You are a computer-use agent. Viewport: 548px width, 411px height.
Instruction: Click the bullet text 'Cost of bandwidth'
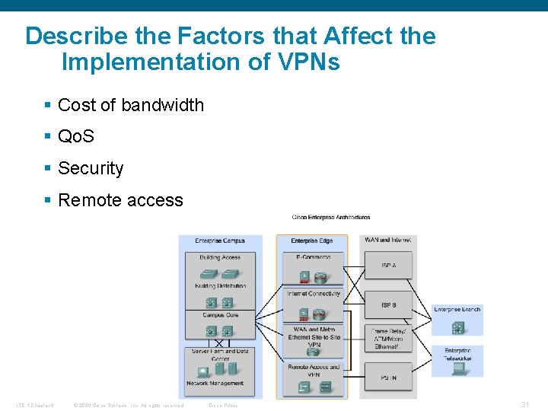point(130,105)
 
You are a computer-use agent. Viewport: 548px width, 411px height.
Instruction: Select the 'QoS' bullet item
point(76,137)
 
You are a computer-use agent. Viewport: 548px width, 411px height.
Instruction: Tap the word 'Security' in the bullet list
point(90,168)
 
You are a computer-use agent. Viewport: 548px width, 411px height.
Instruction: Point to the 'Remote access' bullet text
point(120,200)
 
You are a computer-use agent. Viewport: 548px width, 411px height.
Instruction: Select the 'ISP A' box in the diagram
point(389,265)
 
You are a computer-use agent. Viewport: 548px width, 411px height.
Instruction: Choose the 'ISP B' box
point(389,305)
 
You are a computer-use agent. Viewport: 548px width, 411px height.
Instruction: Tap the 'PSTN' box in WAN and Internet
point(389,378)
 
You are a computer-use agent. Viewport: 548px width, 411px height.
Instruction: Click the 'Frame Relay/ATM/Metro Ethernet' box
point(389,339)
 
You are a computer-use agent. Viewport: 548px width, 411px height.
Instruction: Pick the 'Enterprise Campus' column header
point(220,241)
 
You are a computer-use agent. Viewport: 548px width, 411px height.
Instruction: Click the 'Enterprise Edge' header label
point(311,241)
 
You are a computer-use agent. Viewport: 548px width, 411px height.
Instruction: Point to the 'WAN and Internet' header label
point(388,240)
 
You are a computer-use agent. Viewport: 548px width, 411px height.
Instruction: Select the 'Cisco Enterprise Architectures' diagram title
point(320,217)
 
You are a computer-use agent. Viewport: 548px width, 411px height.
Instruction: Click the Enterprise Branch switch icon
point(458,327)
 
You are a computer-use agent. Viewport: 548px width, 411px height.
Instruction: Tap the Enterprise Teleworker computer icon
point(458,368)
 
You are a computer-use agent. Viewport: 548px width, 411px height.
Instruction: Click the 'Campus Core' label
point(220,314)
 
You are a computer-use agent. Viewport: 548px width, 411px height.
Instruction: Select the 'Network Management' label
point(215,384)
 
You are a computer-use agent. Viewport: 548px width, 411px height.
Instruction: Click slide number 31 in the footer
point(524,404)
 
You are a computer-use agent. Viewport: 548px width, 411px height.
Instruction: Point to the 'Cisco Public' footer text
point(223,405)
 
